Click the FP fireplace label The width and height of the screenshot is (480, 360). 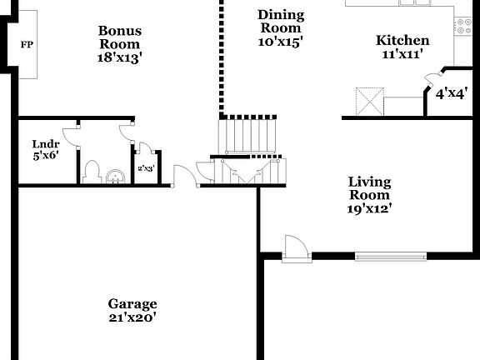point(26,43)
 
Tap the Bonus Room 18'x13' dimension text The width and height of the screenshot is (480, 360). point(120,57)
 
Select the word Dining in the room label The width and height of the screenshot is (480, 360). point(281,15)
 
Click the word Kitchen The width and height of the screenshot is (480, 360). point(402,40)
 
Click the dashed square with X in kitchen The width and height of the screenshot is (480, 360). point(368,102)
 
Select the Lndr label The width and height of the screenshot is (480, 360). point(46,143)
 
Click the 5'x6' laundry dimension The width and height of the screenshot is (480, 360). point(46,155)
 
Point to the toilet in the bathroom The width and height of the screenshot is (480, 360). point(93,171)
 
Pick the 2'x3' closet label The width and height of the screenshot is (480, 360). point(146,168)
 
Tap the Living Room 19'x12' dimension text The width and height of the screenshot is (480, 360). point(370,208)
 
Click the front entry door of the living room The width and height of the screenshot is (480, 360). point(296,247)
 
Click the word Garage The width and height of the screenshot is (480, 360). point(132,304)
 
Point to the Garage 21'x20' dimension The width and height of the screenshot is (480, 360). point(132,317)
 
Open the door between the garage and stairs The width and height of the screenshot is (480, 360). point(183,176)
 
